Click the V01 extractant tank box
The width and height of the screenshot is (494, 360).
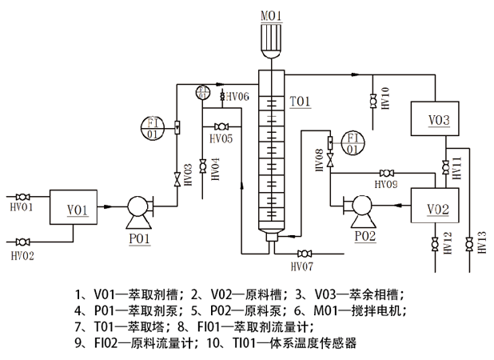coord(76,210)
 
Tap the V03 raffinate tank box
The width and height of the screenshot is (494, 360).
coord(438,121)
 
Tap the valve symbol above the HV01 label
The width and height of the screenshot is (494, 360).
coord(22,196)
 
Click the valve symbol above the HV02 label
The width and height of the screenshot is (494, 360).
coord(22,241)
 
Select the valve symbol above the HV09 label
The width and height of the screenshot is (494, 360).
coord(387,174)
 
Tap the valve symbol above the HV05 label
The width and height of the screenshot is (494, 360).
coord(221,126)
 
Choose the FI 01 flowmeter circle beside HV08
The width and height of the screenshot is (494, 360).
coord(351,142)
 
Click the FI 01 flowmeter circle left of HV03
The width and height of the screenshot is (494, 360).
coord(153,127)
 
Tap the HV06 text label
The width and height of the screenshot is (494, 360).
coord(237,96)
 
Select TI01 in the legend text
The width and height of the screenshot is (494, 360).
coord(246,343)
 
